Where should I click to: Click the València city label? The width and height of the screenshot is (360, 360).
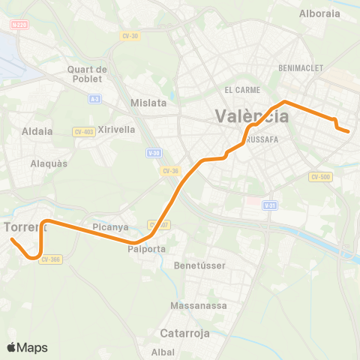coord(252,116)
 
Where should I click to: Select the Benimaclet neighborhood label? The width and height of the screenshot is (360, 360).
coord(300,67)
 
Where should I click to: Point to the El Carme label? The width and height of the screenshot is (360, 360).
coord(241,89)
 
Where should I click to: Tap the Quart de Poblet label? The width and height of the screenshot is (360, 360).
coord(88,75)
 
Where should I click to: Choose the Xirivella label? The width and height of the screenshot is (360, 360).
coord(116,129)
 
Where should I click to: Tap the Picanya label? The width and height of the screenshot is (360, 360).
coord(111,226)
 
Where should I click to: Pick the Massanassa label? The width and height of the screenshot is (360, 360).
coord(193,305)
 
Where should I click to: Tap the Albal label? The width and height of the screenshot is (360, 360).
coord(163,352)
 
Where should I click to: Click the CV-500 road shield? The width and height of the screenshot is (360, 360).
coord(319,177)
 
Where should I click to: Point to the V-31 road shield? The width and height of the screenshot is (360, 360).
coord(270,205)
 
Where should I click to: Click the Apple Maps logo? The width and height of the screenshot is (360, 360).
coord(27,347)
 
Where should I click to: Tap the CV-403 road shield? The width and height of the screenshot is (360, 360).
coord(83,132)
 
